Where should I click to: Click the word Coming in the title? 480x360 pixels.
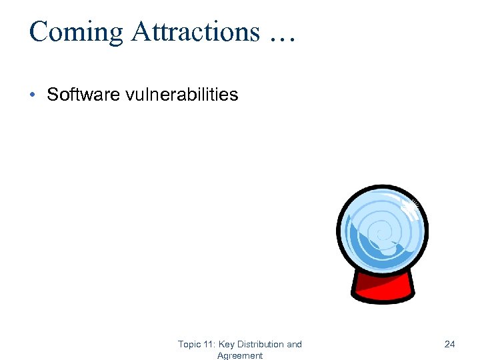pyautogui.click(x=76, y=32)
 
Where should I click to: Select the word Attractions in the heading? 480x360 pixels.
pyautogui.click(x=195, y=32)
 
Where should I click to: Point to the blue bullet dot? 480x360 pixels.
pyautogui.click(x=33, y=95)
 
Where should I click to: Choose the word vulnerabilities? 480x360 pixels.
pyautogui.click(x=181, y=95)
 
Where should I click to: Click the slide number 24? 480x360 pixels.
pyautogui.click(x=449, y=344)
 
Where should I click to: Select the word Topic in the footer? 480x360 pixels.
pyautogui.click(x=189, y=345)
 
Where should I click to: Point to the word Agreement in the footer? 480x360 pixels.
pyautogui.click(x=240, y=356)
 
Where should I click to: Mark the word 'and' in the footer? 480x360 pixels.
pyautogui.click(x=294, y=345)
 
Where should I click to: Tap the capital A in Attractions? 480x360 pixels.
pyautogui.click(x=141, y=32)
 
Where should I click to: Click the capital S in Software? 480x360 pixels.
pyautogui.click(x=52, y=95)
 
